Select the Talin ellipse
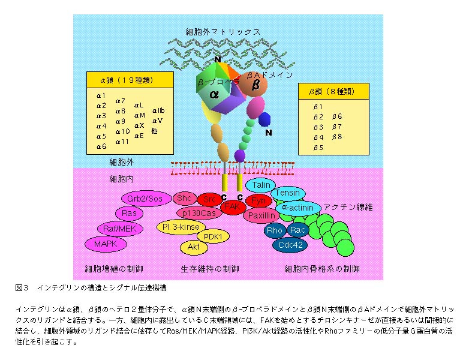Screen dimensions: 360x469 (x=261, y=185)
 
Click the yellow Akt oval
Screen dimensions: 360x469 (x=193, y=246)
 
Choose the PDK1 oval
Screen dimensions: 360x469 (x=213, y=236)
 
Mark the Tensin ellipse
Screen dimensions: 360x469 (x=287, y=193)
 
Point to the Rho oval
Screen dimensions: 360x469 (x=274, y=230)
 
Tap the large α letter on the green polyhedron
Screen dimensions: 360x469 (x=214, y=94)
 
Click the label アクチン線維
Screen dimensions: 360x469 (x=348, y=207)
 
